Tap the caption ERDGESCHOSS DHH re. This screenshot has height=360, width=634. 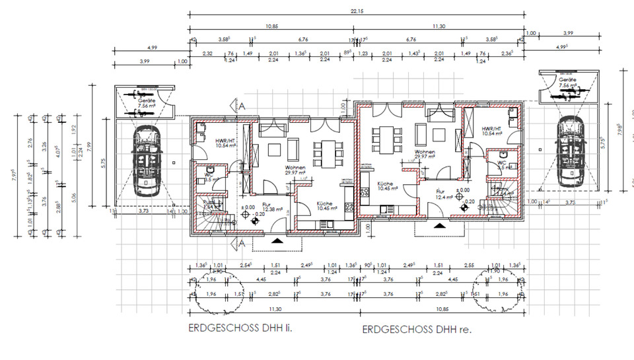click(x=417, y=329)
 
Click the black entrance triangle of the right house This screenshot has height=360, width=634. click(x=440, y=225)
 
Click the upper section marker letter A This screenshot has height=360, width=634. click(x=242, y=105)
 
